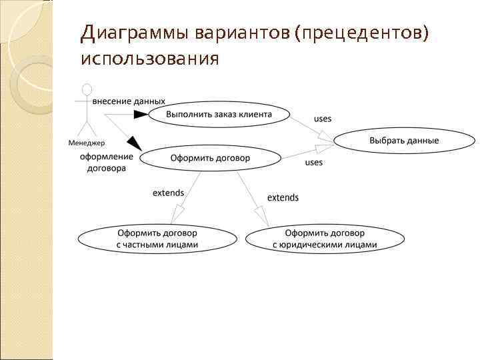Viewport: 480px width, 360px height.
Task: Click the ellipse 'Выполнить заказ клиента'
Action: (x=219, y=114)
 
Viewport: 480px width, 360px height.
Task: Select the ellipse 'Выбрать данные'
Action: (x=404, y=141)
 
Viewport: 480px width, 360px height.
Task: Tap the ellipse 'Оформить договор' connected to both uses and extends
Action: (x=210, y=158)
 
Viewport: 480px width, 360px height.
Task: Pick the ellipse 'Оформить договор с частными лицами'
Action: (x=157, y=239)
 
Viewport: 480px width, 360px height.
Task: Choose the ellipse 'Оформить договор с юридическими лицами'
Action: (x=325, y=239)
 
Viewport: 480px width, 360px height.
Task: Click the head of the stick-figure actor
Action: (x=85, y=89)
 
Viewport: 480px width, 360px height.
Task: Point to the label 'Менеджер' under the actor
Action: (x=87, y=143)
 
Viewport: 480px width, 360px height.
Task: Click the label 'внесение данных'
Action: (x=129, y=101)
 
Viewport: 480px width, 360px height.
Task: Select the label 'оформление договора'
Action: (x=107, y=163)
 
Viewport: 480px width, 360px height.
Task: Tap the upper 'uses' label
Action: (x=323, y=119)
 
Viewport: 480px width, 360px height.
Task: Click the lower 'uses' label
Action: (x=313, y=163)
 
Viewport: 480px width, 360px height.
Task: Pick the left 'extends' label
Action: (x=168, y=193)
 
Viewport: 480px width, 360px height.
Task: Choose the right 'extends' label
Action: (x=283, y=197)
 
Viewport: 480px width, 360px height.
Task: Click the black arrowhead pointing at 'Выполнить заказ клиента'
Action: (x=141, y=115)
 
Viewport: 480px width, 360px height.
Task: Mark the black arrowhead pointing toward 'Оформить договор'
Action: (x=135, y=143)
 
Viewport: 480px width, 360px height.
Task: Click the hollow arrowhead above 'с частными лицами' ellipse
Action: (x=177, y=215)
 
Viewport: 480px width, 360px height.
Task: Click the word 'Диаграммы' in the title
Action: (x=135, y=33)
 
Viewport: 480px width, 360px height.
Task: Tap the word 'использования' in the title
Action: (x=149, y=59)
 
